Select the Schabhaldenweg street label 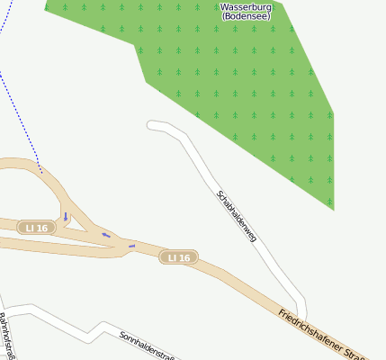click(238, 216)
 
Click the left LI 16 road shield click(37, 228)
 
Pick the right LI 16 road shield click(179, 257)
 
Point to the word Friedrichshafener click(310, 328)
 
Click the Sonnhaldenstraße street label click(146, 345)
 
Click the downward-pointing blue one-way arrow click(66, 216)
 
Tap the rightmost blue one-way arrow click(131, 245)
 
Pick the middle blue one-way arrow click(106, 235)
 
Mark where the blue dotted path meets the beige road click(41, 171)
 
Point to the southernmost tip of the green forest click(333, 210)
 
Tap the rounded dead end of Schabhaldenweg click(151, 125)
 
